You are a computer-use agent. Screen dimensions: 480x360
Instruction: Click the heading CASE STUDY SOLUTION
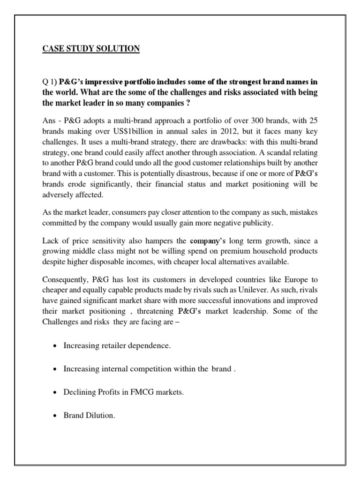coord(89,48)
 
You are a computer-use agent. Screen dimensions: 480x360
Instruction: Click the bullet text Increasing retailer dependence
coord(117,346)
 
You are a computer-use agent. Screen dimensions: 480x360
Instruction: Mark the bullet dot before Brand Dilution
coord(56,415)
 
